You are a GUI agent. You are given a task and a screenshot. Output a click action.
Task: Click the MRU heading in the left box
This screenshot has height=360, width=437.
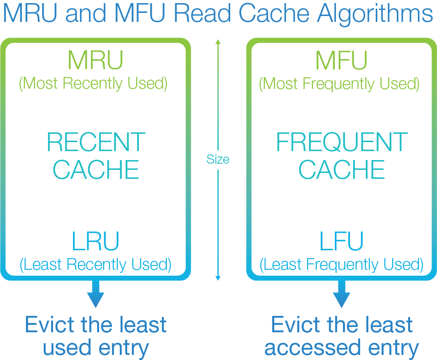click(x=95, y=61)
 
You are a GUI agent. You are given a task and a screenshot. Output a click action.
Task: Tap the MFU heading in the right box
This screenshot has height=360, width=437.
click(x=341, y=61)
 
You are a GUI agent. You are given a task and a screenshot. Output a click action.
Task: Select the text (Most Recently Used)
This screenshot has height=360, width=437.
click(x=93, y=84)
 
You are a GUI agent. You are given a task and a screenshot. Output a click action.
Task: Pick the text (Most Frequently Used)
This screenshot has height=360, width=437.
click(x=339, y=84)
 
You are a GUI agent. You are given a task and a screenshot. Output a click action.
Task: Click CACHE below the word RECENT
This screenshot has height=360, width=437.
click(x=96, y=169)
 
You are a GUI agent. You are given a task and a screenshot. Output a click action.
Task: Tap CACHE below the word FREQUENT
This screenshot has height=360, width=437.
click(x=342, y=169)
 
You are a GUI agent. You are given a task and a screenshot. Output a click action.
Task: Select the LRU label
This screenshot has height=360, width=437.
click(x=95, y=242)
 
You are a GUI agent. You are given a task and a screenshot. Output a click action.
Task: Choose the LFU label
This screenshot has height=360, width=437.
click(x=341, y=242)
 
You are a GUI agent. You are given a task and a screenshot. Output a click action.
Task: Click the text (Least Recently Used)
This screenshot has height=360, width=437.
click(x=96, y=265)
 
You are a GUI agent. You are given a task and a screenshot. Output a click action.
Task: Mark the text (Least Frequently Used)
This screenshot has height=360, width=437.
click(x=341, y=265)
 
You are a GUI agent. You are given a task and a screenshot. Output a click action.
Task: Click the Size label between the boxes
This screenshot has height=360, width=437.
click(x=218, y=159)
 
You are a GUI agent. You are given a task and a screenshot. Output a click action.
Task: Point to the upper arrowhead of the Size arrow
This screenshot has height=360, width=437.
click(x=218, y=42)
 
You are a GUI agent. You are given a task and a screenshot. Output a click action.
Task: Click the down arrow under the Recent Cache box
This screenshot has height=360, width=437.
click(x=96, y=295)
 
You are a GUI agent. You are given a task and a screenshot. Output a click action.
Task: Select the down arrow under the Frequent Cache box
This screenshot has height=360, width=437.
click(x=341, y=295)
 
